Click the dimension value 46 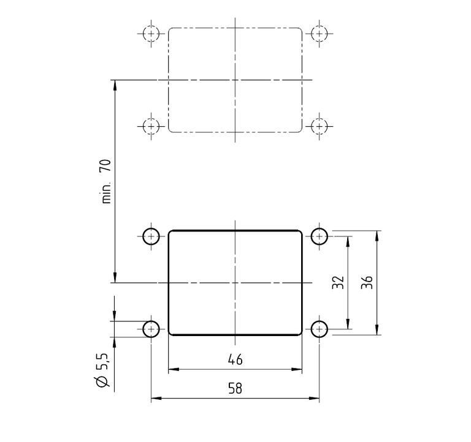(235, 359)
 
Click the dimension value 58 (235, 389)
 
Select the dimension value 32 (338, 283)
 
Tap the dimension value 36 (367, 283)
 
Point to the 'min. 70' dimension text (106, 181)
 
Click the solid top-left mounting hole (151, 236)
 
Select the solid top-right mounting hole (319, 236)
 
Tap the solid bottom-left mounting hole (151, 329)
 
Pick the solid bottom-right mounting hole (319, 329)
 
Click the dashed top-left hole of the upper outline (151, 33)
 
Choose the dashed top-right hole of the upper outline (319, 33)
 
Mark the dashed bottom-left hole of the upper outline (151, 126)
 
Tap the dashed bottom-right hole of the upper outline (319, 126)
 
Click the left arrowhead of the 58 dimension (155, 399)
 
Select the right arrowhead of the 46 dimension (298, 369)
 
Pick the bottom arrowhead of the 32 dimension (348, 325)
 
